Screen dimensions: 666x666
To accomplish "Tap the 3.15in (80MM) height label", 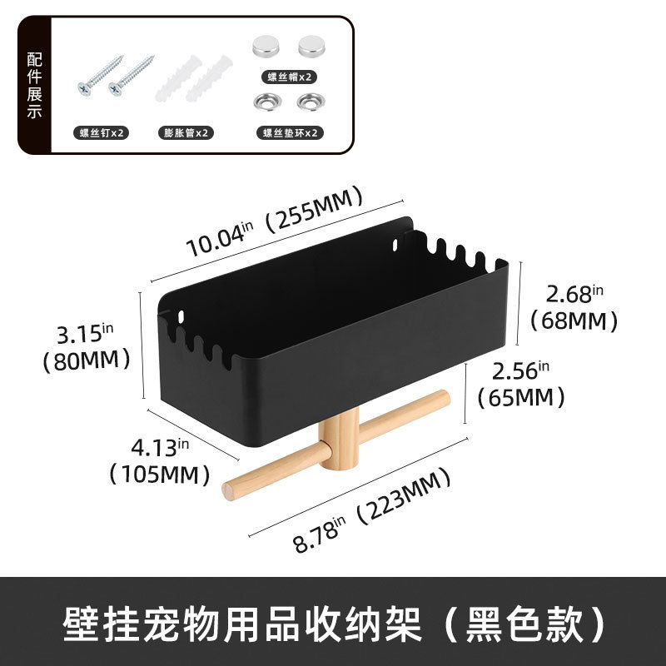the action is (86, 346).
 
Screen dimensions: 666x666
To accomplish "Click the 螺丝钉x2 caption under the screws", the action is (103, 132).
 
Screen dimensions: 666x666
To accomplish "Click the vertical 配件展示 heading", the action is (34, 85).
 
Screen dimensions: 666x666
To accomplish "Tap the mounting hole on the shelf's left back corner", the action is (183, 316).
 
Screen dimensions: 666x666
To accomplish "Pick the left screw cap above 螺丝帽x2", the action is (268, 47).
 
